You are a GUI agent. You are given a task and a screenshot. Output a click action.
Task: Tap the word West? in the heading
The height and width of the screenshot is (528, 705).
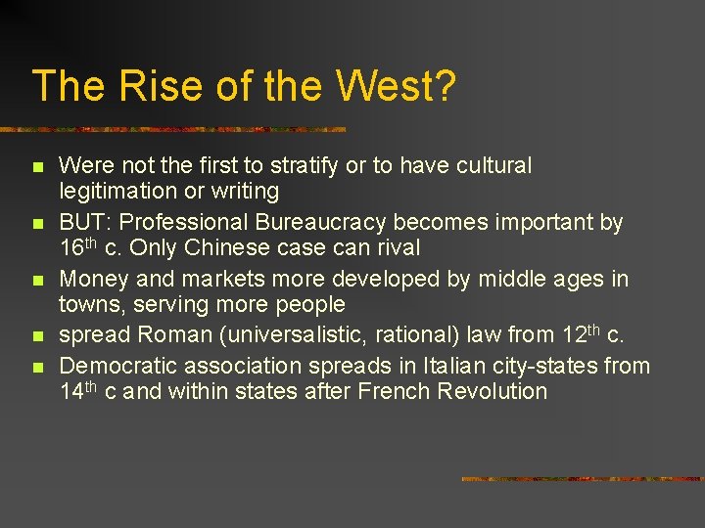(396, 86)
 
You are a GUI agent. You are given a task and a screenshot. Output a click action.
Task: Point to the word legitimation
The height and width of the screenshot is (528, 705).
(117, 192)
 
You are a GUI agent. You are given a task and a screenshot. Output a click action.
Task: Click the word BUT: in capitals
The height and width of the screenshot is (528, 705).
(85, 223)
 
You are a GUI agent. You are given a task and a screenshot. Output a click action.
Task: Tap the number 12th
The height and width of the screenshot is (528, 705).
(583, 334)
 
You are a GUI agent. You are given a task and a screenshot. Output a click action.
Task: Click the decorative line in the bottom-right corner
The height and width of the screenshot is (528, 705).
(582, 479)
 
